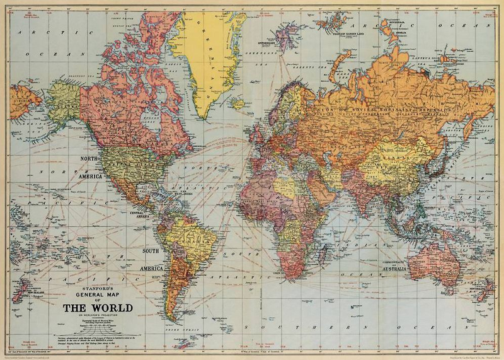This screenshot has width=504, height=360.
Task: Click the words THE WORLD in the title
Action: coord(97,308)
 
